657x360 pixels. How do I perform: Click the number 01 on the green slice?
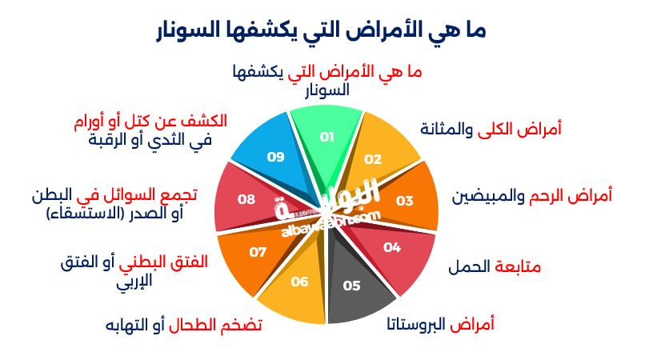326,137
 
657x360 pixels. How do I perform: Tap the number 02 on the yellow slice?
373,159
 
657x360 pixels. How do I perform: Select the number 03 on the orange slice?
405,201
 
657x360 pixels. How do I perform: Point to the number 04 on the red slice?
392,247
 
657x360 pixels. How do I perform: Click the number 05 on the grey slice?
351,286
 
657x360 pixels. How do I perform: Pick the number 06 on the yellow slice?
299,282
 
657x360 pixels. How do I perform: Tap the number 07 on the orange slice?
258,252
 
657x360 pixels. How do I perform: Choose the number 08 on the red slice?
246,199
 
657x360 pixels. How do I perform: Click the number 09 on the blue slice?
276,157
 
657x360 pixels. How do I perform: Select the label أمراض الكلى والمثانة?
491,129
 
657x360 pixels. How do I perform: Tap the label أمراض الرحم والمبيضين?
531,196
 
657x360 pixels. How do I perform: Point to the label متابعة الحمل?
495,266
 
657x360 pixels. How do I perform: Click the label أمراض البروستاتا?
440,324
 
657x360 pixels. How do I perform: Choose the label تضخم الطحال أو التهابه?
183,325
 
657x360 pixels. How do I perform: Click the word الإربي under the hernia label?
134,281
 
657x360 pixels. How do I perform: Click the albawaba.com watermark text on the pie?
331,224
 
